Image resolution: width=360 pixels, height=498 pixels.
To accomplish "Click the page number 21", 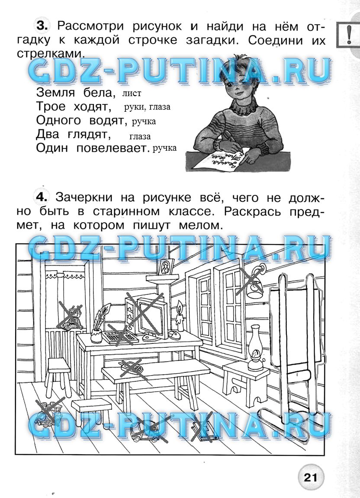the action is click(310, 477).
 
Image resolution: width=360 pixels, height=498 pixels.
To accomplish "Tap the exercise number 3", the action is click(42, 26).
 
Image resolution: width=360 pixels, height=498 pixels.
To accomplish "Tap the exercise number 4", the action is click(41, 197).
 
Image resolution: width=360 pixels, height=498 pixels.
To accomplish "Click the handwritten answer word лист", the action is click(132, 94).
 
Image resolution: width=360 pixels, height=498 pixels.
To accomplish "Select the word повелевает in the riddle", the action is click(112, 148).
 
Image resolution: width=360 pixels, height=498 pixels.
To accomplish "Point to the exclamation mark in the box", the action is click(349, 35).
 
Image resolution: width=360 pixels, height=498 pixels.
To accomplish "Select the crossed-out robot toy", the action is click(71, 317).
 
